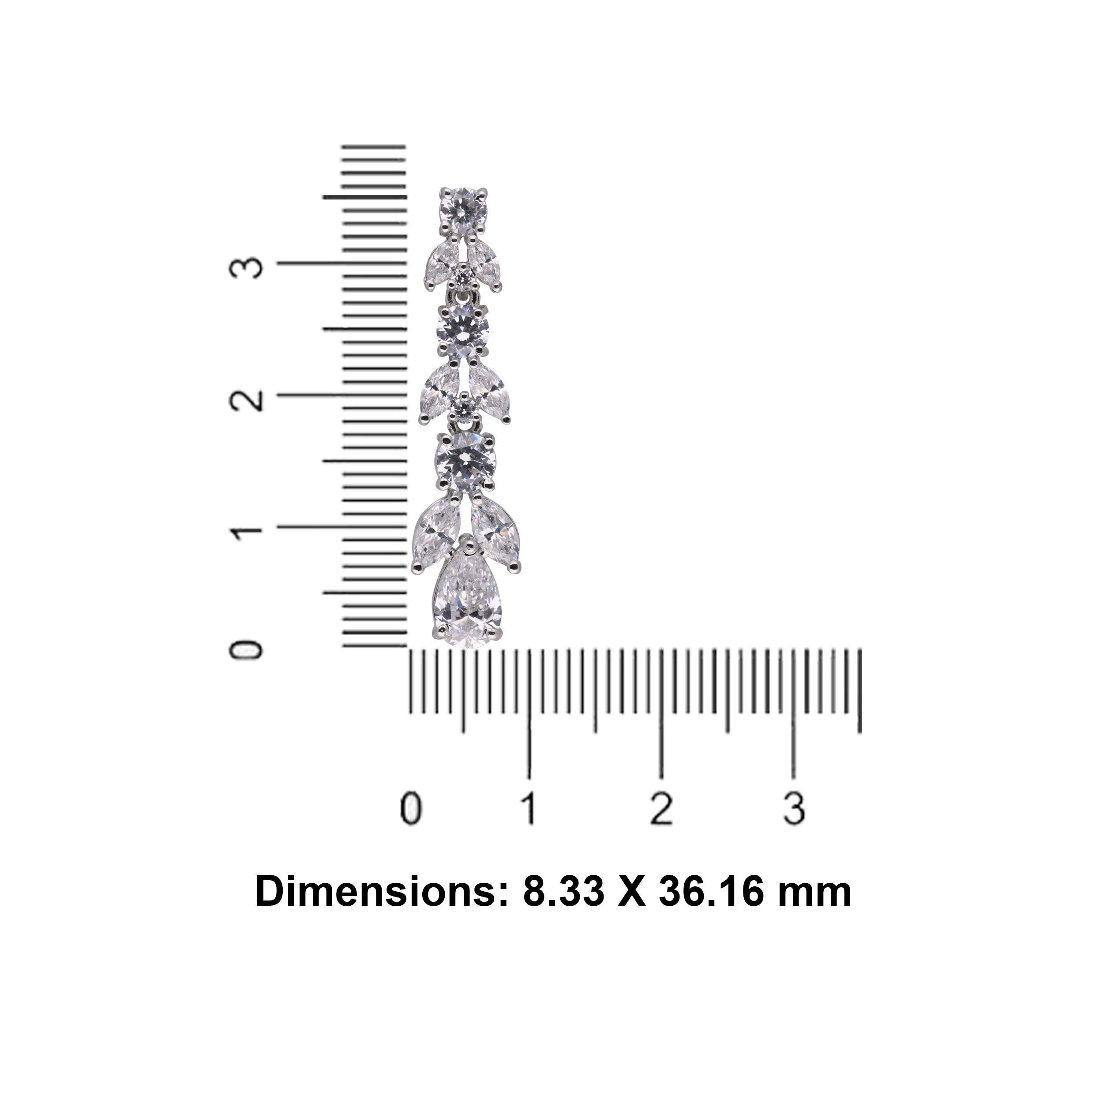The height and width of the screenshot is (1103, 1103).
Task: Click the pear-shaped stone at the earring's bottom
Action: coord(468,596)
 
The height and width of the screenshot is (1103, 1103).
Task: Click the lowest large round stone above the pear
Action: coord(465,462)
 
